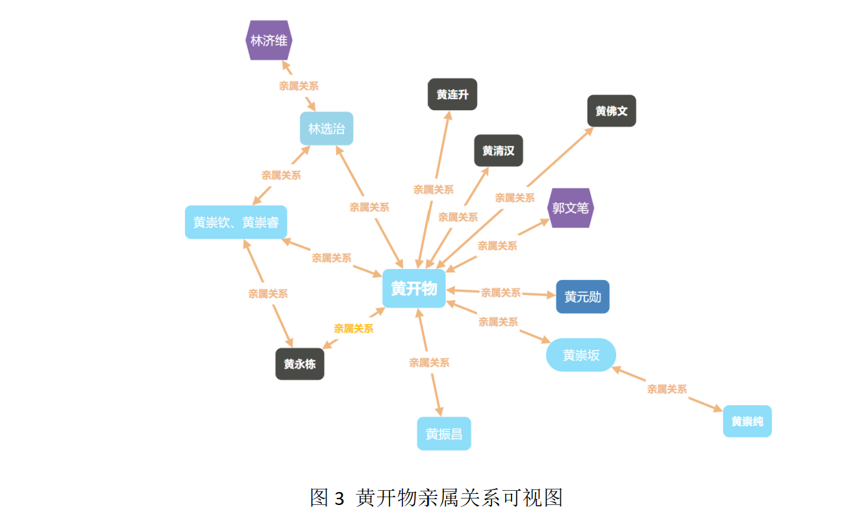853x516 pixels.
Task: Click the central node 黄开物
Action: (x=414, y=288)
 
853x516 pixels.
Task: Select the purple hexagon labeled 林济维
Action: (x=269, y=40)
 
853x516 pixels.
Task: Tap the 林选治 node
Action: (x=327, y=128)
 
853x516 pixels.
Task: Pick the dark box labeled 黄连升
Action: (x=452, y=95)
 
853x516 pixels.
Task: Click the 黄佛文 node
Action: (x=612, y=111)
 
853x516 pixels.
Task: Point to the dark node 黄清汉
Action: (x=498, y=150)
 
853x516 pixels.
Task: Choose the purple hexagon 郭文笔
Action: (x=571, y=208)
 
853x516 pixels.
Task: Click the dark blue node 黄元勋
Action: (x=582, y=297)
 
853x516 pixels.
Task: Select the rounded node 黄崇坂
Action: (x=581, y=355)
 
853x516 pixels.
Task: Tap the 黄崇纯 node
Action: (x=747, y=421)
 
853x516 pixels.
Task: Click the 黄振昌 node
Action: (x=444, y=434)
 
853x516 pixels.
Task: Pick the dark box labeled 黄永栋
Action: (x=300, y=364)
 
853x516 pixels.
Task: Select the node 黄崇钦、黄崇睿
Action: (x=236, y=222)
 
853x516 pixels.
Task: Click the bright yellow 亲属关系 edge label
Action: (x=354, y=329)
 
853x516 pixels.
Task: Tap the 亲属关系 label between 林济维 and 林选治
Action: (x=299, y=86)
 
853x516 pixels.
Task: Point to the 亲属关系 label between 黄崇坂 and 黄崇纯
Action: (x=667, y=389)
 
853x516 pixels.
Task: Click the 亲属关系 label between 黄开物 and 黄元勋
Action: (x=501, y=293)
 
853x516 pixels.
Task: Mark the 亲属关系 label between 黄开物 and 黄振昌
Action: (x=429, y=363)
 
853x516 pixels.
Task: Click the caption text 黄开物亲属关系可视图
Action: (x=459, y=498)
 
